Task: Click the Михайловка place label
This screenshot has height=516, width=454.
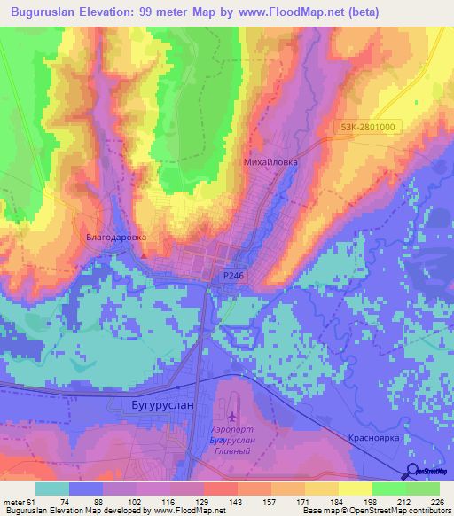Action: tap(270, 163)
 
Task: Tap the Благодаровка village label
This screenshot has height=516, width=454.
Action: tap(115, 238)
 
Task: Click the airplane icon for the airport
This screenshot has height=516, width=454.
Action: tap(232, 417)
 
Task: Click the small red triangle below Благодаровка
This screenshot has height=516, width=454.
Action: tap(144, 256)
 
